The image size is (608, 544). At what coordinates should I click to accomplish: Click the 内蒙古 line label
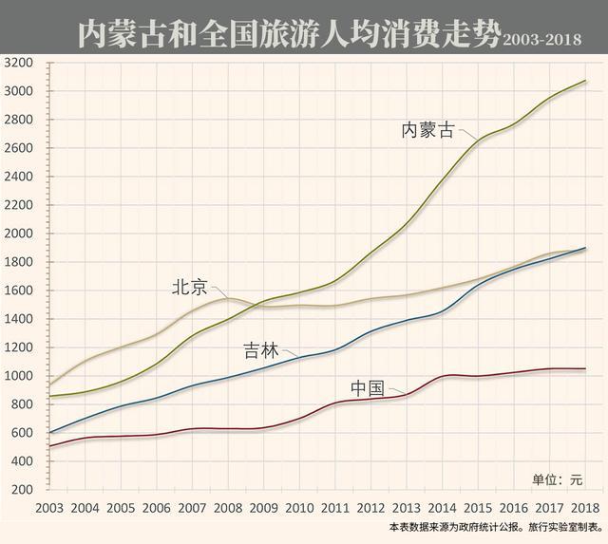click(x=428, y=130)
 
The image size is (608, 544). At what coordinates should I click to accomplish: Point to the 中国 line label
click(x=367, y=388)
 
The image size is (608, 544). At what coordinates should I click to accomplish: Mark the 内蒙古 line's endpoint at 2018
click(x=585, y=81)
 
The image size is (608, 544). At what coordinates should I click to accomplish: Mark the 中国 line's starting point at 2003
click(x=49, y=446)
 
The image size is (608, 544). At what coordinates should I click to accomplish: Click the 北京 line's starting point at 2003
click(x=49, y=384)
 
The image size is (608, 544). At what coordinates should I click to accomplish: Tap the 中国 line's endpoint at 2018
click(x=585, y=368)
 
